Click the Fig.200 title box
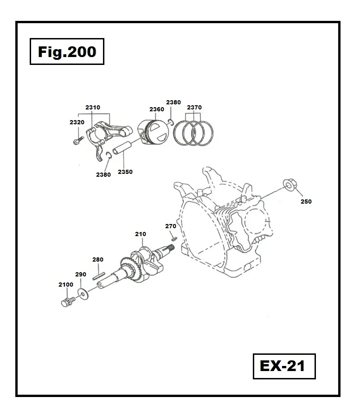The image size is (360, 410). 67,52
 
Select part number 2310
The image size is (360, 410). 93,108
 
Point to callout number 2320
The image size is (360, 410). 77,122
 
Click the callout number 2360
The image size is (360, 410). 157,109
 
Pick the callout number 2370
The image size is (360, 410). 194,108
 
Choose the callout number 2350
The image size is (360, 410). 125,172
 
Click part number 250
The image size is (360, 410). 306,202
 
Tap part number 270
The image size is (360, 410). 171,226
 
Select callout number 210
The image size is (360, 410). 141,234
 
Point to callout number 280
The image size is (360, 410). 98,260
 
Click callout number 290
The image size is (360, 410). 81,275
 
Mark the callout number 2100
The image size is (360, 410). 66,285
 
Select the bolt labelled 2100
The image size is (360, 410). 67,302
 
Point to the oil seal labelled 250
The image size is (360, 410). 288,186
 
